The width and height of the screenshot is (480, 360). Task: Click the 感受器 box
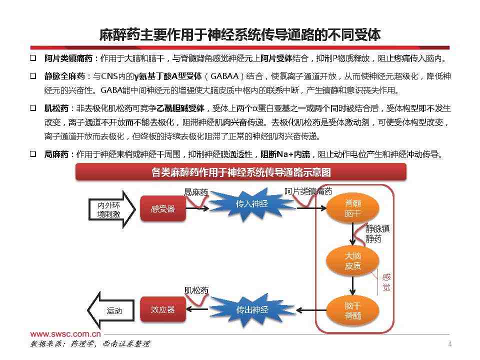click(163, 208)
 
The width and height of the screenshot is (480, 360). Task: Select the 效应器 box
click(163, 309)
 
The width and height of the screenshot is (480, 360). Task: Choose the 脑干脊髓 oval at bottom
click(353, 310)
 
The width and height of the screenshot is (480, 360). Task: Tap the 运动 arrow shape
click(111, 310)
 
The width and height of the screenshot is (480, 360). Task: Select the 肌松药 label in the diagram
click(196, 290)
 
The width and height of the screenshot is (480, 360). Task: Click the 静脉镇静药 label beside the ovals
click(377, 234)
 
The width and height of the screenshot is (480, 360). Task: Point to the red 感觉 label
click(386, 282)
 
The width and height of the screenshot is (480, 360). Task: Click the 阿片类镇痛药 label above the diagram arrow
click(308, 191)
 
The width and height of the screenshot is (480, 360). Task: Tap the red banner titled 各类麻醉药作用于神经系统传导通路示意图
click(241, 172)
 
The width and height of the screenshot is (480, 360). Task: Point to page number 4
click(449, 344)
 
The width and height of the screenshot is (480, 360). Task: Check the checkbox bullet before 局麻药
click(33, 154)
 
